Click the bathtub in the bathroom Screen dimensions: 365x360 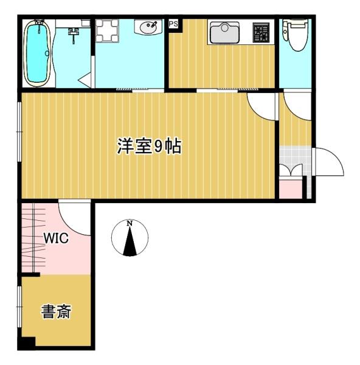pos(38,54)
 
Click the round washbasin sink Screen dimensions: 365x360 pos(147,28)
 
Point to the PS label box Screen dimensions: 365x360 pos(173,24)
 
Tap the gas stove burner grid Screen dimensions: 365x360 pos(261,32)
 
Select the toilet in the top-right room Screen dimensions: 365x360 pos(296,35)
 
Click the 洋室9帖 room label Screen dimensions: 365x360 pos(149,146)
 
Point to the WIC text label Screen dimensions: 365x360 pos(55,238)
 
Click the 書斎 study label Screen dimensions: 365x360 pos(56,313)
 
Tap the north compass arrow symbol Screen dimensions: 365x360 pos(130,242)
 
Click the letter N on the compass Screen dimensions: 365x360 pos(130,224)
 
